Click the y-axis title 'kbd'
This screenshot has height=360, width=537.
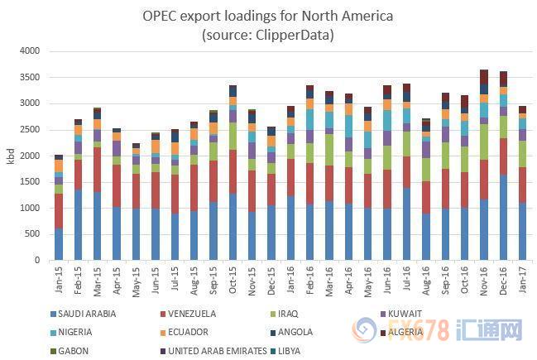click(x=10, y=156)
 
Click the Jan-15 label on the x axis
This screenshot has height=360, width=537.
click(x=59, y=279)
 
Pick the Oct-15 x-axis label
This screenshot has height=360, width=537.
click(x=233, y=279)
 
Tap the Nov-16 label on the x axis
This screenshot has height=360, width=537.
click(x=483, y=279)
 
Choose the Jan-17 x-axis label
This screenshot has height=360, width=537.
click(x=522, y=279)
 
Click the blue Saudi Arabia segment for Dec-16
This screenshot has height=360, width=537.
click(x=503, y=217)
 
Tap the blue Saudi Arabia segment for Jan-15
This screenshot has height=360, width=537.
click(x=59, y=244)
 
